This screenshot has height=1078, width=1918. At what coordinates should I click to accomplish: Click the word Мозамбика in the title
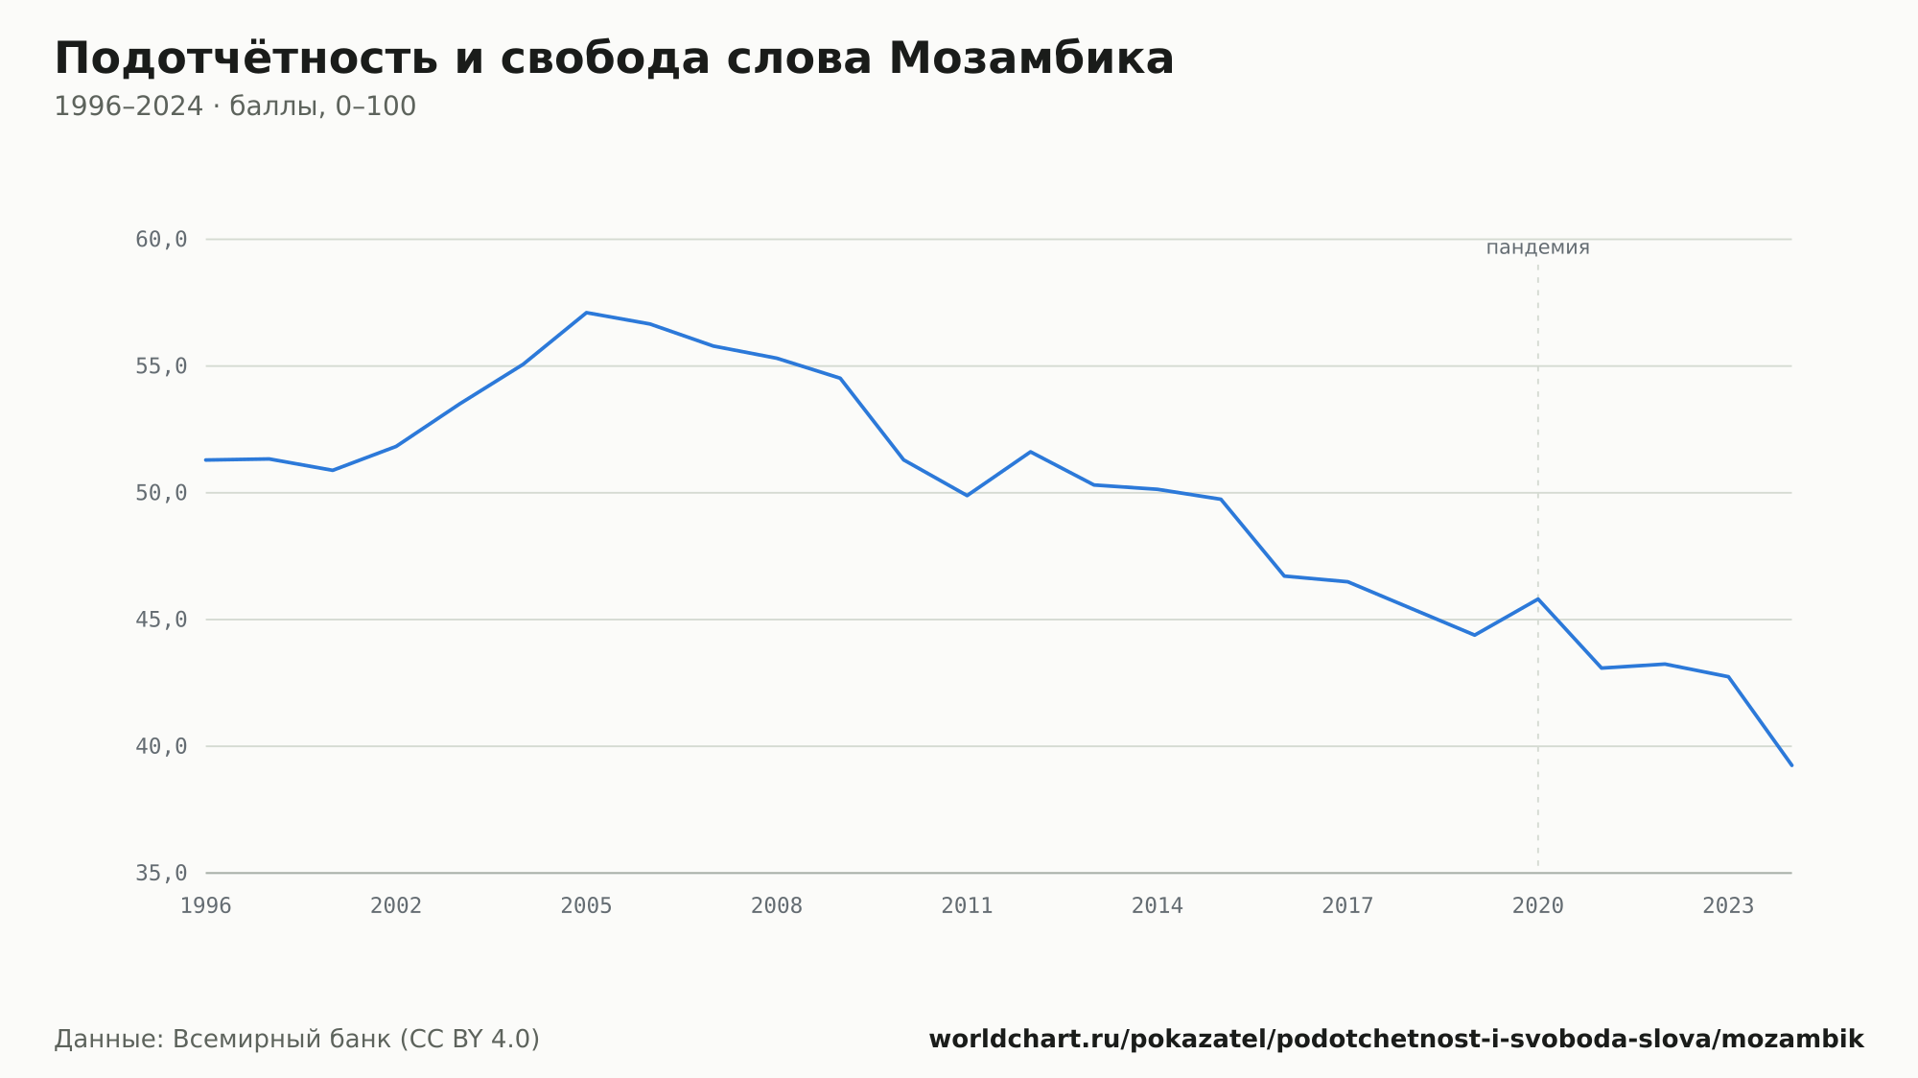tap(1031, 59)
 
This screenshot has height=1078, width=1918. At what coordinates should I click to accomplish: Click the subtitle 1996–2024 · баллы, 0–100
tap(235, 106)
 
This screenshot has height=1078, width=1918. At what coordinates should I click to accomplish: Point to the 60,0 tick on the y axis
tap(161, 240)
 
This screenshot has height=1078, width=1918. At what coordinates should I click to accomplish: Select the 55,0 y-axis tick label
tap(161, 366)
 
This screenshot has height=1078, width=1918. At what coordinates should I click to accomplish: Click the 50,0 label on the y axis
tap(161, 493)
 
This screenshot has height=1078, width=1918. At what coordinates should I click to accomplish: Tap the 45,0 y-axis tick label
tap(161, 620)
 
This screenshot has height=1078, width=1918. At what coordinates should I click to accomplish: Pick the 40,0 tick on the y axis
tap(161, 746)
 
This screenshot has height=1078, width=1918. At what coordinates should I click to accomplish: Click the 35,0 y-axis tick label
tap(161, 873)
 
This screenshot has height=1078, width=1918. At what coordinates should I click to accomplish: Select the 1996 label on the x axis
tap(206, 905)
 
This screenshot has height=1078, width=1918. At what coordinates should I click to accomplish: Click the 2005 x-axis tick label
tap(586, 905)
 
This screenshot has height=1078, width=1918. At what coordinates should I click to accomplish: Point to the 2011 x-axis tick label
tap(967, 905)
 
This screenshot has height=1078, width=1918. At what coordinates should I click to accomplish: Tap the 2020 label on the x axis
tap(1538, 905)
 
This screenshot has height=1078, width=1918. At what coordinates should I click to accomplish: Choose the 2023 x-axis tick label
tap(1728, 905)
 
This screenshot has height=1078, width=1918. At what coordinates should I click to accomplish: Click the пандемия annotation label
tap(1537, 247)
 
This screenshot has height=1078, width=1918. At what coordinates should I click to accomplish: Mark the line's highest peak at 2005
tap(586, 313)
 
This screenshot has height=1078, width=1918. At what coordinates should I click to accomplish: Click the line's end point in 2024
tap(1791, 765)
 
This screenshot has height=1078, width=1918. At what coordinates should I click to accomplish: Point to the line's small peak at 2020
tap(1538, 598)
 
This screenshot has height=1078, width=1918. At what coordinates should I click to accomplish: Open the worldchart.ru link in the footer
tap(1396, 1039)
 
